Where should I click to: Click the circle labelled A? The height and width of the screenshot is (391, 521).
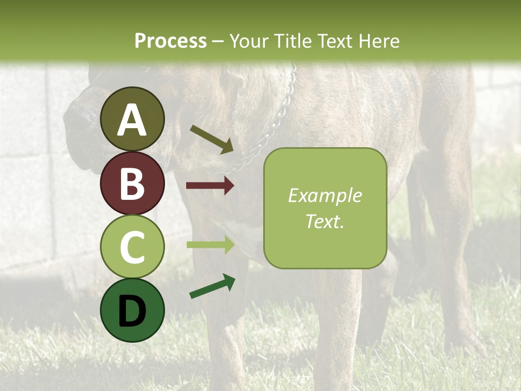pos(132,119)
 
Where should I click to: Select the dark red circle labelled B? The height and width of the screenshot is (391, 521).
pos(132,183)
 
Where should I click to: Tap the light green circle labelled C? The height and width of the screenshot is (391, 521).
pos(132,247)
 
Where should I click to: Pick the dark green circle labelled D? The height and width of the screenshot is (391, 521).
pos(132,310)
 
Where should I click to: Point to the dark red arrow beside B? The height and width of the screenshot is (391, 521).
pos(210,186)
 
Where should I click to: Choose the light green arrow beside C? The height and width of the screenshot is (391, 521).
pos(210,244)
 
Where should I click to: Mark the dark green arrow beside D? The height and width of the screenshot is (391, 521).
pos(212,287)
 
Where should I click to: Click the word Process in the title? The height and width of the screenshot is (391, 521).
pos(170,41)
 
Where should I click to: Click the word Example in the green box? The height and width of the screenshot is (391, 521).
pos(325,195)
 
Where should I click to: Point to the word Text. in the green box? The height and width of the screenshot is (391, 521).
pos(325,221)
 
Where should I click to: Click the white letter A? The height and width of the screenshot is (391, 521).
pos(132,120)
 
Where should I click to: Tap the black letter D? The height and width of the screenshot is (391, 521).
pos(132,311)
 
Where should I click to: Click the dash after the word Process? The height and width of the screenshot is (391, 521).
pos(218,41)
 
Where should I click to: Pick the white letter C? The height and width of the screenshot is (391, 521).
pos(132,248)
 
